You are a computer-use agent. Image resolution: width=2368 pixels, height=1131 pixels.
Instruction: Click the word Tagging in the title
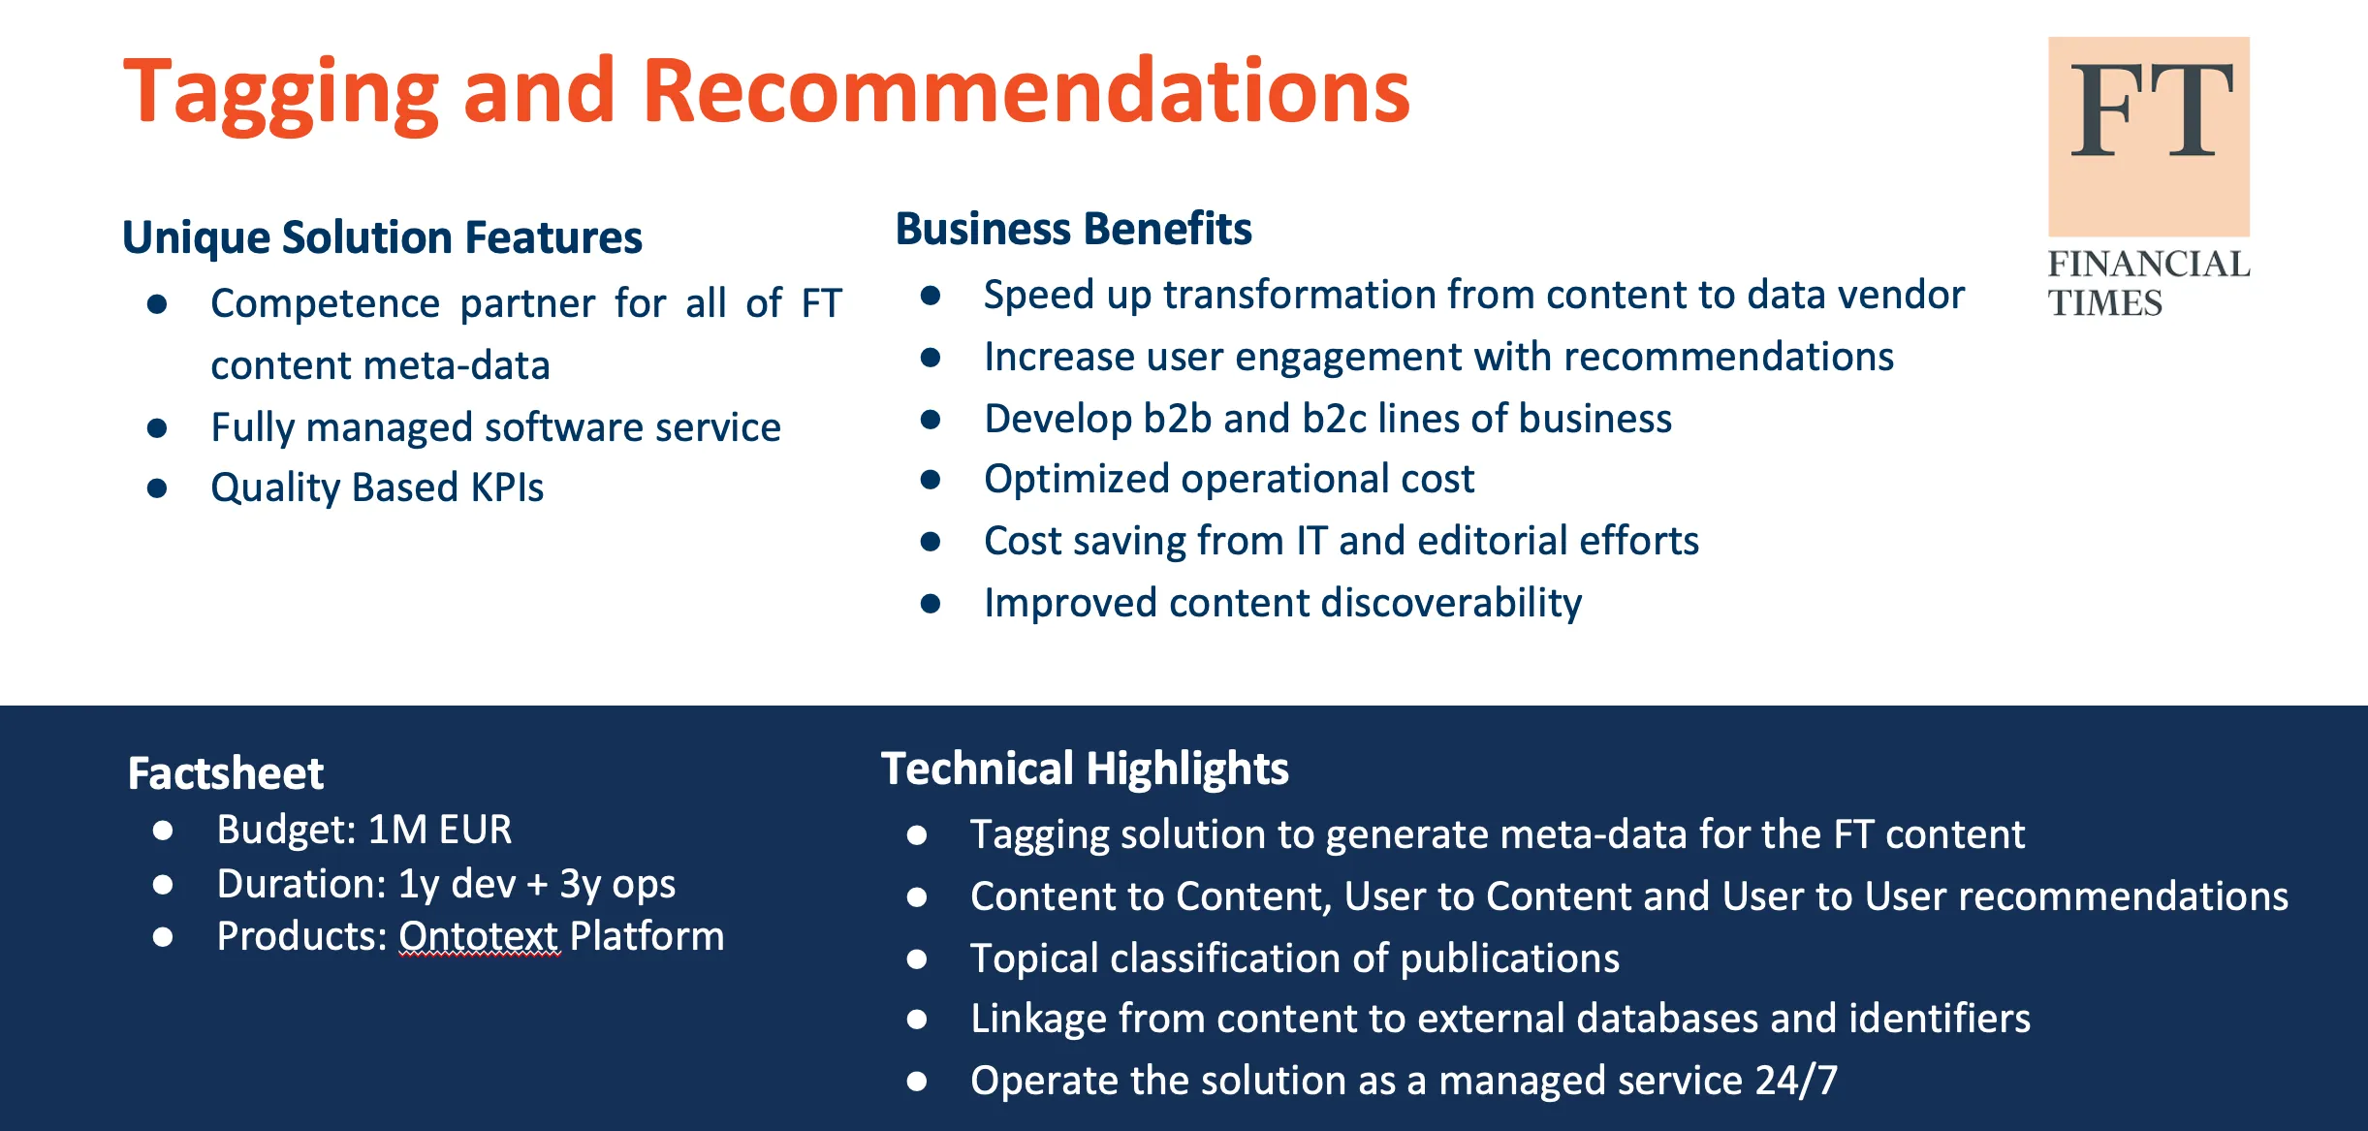pyautogui.click(x=282, y=94)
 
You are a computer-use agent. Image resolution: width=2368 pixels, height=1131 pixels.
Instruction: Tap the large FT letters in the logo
pyautogui.click(x=2151, y=110)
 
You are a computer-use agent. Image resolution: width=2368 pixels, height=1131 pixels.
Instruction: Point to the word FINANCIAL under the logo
pyautogui.click(x=2148, y=264)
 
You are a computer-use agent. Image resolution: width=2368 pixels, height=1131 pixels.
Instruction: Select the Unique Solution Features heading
pyautogui.click(x=382, y=237)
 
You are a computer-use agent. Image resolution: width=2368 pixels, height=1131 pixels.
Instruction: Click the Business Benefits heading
pyautogui.click(x=1073, y=229)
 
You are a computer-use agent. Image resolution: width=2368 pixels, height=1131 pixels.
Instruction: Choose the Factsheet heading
pyautogui.click(x=225, y=773)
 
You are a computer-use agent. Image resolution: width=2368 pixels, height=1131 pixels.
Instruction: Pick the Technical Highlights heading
pyautogui.click(x=1085, y=770)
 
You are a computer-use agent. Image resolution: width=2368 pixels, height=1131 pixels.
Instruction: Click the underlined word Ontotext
pyautogui.click(x=478, y=936)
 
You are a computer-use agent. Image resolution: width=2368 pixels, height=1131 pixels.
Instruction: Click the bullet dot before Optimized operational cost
pyautogui.click(x=931, y=480)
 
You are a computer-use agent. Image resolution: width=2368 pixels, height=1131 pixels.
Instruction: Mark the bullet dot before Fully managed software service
pyautogui.click(x=157, y=427)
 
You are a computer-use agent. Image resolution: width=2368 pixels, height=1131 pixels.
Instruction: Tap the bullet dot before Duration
pyautogui.click(x=163, y=884)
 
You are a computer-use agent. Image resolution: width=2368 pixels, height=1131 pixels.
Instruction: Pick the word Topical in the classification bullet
pyautogui.click(x=1034, y=958)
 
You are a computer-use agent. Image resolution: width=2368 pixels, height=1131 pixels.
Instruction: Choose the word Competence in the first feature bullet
pyautogui.click(x=326, y=304)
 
